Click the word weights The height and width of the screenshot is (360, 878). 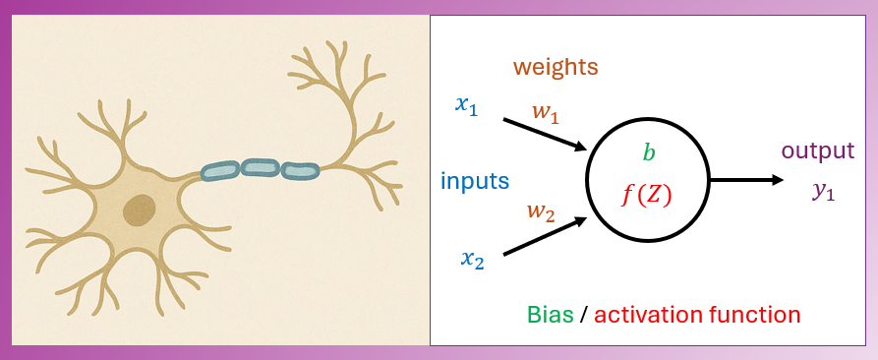click(556, 68)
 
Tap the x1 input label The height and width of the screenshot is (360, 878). click(466, 104)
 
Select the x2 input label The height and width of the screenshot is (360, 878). click(472, 259)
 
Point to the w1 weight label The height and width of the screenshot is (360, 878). click(545, 112)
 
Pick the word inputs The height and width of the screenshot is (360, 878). click(475, 181)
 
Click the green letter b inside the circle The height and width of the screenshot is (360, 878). click(648, 152)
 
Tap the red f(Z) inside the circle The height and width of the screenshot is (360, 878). click(646, 195)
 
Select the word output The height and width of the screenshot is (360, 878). click(817, 151)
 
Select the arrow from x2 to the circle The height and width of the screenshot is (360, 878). click(545, 236)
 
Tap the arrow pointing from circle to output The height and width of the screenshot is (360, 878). click(746, 180)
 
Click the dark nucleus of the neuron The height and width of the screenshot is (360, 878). click(139, 210)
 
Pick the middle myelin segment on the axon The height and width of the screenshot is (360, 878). click(261, 168)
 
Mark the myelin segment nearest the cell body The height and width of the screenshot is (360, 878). click(220, 172)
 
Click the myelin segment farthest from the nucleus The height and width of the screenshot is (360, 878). click(300, 171)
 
